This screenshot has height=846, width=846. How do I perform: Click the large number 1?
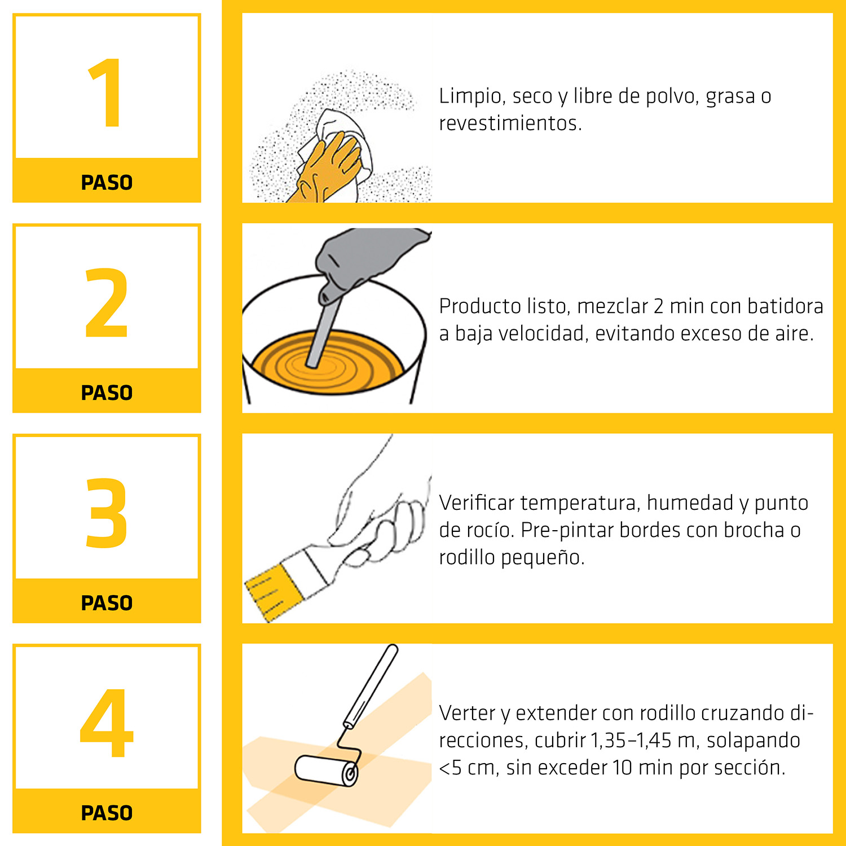(x=107, y=93)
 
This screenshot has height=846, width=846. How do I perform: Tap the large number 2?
(x=107, y=303)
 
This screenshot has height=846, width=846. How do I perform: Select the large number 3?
(x=107, y=513)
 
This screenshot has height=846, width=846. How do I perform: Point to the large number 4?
(x=107, y=723)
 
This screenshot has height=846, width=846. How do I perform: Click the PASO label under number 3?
(x=107, y=603)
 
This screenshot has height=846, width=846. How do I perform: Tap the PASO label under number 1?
(x=107, y=183)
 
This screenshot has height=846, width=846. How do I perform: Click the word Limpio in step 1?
(x=471, y=96)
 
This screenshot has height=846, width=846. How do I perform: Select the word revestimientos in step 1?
(x=510, y=123)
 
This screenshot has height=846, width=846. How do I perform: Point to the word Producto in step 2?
(x=480, y=306)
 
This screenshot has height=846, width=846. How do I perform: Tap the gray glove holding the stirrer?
(x=367, y=257)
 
